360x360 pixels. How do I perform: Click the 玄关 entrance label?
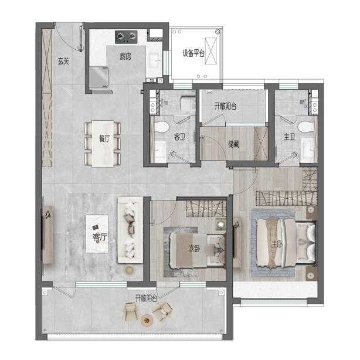click(63, 61)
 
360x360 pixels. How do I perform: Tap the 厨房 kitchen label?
click(125, 56)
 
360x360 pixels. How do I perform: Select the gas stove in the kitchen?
click(126, 37)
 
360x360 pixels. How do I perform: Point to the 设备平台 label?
click(193, 53)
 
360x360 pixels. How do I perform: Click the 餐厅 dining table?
click(103, 144)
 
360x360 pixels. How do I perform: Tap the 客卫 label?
click(179, 137)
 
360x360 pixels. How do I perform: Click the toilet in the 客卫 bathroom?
click(162, 127)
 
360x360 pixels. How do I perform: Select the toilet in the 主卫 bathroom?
click(306, 127)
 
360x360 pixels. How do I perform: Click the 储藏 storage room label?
click(233, 144)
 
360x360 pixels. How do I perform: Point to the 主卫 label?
click(289, 137)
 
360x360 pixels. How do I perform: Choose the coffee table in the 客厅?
click(97, 234)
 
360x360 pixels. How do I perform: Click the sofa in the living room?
click(130, 230)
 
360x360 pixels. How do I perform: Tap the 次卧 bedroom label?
click(194, 249)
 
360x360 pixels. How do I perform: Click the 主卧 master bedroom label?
click(277, 244)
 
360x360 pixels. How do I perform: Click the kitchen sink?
click(155, 60)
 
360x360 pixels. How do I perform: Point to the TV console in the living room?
click(47, 235)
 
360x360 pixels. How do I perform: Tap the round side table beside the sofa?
click(129, 270)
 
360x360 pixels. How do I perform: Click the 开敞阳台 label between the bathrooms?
click(225, 106)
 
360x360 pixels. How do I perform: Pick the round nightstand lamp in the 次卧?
click(221, 224)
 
